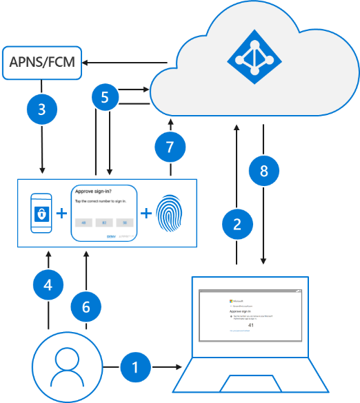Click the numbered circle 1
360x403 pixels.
pyautogui.click(x=135, y=368)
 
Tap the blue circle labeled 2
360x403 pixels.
pyautogui.click(x=237, y=223)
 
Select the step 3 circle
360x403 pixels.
pyautogui.click(x=43, y=109)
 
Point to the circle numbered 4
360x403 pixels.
pyautogui.click(x=48, y=285)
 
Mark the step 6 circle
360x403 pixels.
pyautogui.click(x=86, y=307)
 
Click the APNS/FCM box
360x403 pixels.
pyautogui.click(x=42, y=63)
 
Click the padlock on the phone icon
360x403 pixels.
pyautogui.click(x=43, y=214)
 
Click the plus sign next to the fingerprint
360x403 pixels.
pyautogui.click(x=146, y=214)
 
